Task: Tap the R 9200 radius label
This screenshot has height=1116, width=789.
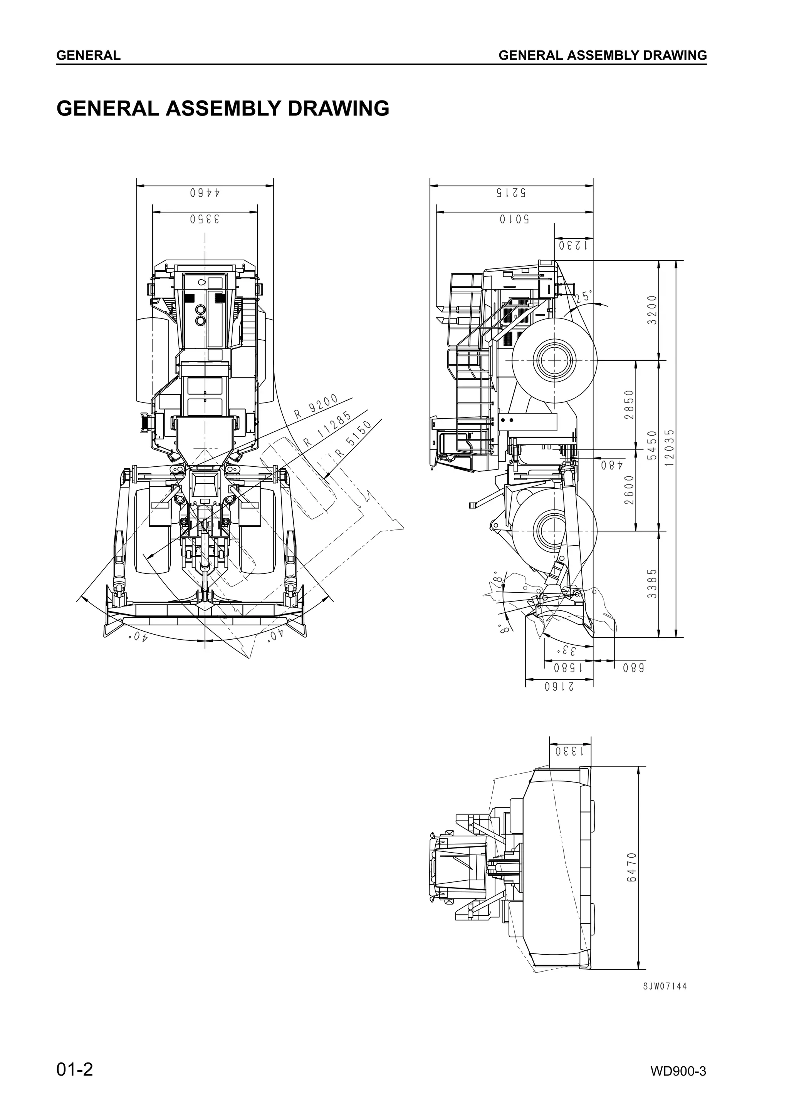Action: pos(316,407)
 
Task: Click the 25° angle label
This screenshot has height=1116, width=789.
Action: pos(584,297)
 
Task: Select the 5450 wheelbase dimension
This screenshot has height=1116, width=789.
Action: pos(652,445)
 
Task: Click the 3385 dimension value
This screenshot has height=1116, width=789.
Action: pos(652,584)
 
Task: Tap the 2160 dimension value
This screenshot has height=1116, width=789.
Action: pos(559,686)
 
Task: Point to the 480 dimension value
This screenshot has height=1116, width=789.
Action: pos(611,465)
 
